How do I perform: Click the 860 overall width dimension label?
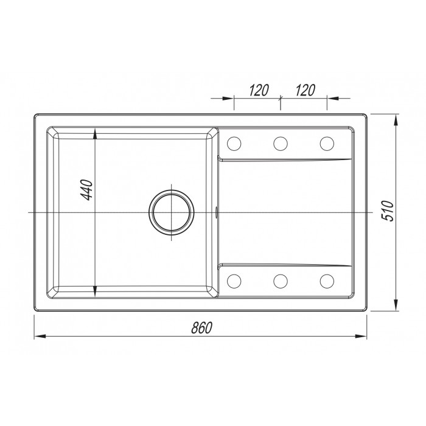coord(201,327)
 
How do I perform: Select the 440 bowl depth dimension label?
coord(88,190)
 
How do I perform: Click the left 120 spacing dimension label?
coord(259,90)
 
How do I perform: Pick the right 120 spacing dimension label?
coord(305,90)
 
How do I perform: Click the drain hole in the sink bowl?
coord(172,212)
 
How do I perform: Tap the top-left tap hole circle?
coord(234,144)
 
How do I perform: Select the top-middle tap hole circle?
coord(281,144)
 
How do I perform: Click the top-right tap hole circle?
coord(327,144)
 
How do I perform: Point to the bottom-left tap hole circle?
coord(234,281)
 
